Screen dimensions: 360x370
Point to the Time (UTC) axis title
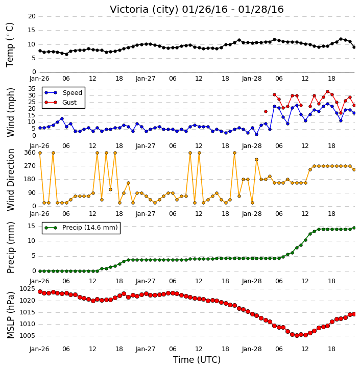tap(197, 360)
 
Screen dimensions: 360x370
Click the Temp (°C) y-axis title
tap(10, 45)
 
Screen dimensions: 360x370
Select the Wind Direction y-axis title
tap(11, 180)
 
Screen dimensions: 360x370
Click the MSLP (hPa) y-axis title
tap(11, 315)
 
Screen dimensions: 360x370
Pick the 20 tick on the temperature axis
tap(32, 16)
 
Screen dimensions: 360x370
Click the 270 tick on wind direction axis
tap(30, 166)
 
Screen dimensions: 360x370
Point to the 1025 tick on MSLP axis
tap(27, 289)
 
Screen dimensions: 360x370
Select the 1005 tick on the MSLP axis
tap(27, 336)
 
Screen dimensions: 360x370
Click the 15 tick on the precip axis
tap(32, 226)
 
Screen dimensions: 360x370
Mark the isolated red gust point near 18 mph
tap(266, 111)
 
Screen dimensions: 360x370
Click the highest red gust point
tap(327, 91)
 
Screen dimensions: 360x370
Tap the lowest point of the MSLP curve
tap(297, 335)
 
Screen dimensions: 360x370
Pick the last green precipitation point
tap(354, 228)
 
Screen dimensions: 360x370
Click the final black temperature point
tap(354, 47)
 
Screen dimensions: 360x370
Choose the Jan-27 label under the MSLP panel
tap(146, 349)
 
